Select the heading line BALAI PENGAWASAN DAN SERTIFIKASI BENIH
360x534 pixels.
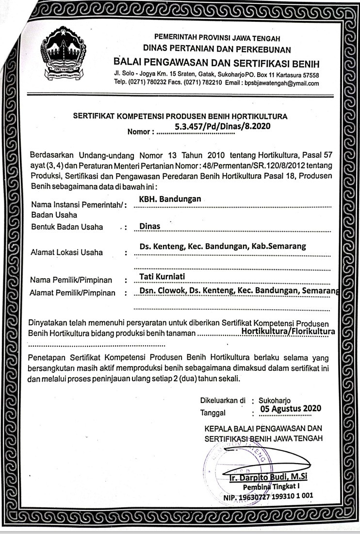click(x=216, y=64)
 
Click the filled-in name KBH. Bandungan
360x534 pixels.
click(x=170, y=199)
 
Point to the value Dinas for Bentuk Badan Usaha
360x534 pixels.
click(x=149, y=226)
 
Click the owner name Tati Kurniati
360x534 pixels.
click(x=162, y=277)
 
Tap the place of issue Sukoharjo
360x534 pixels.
click(x=275, y=401)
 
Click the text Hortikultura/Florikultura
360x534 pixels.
click(x=288, y=331)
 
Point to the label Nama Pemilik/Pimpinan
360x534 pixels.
click(x=71, y=280)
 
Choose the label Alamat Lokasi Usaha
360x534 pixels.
click(x=66, y=252)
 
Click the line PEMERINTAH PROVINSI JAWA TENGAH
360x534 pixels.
click(x=217, y=38)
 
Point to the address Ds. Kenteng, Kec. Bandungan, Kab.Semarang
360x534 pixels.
click(x=222, y=246)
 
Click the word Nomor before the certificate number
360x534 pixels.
click(x=140, y=132)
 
